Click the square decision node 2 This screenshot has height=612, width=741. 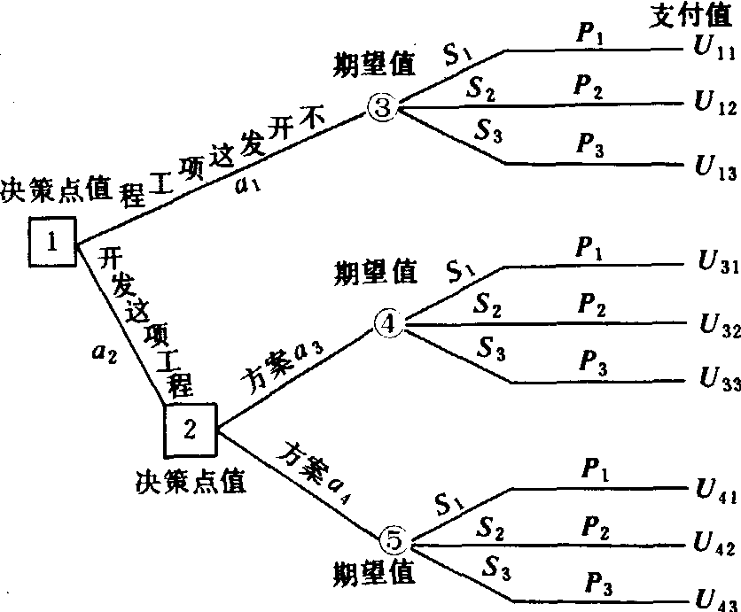click(x=190, y=430)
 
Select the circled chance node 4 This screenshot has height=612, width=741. click(x=388, y=324)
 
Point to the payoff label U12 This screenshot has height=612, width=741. click(x=713, y=105)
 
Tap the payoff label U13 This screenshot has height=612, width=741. click(x=713, y=166)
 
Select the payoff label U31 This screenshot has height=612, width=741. click(x=713, y=266)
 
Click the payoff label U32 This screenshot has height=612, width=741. click(x=714, y=328)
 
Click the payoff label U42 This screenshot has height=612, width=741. click(x=713, y=544)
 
